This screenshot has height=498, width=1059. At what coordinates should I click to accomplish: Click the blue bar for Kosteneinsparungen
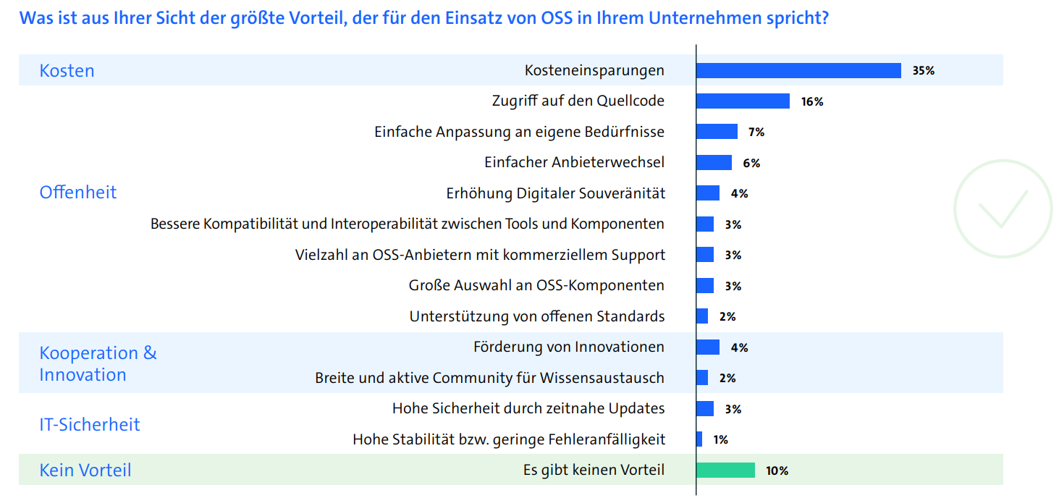pyautogui.click(x=798, y=70)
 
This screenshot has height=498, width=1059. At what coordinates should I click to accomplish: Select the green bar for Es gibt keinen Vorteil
pyautogui.click(x=725, y=470)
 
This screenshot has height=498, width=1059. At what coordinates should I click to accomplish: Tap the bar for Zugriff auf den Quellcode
pyautogui.click(x=743, y=101)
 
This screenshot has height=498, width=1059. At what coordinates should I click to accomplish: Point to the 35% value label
pyautogui.click(x=924, y=71)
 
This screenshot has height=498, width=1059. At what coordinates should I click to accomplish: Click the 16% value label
pyautogui.click(x=812, y=102)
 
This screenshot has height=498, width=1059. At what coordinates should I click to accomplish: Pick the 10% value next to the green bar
pyautogui.click(x=777, y=471)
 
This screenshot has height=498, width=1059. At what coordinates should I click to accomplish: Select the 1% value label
pyautogui.click(x=720, y=440)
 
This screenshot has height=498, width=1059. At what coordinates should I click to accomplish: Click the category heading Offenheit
pyautogui.click(x=78, y=193)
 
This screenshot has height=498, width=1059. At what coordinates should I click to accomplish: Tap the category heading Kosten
pyautogui.click(x=67, y=71)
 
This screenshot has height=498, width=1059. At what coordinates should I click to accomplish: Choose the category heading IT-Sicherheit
pyautogui.click(x=90, y=425)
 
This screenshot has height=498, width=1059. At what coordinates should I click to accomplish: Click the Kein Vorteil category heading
pyautogui.click(x=85, y=470)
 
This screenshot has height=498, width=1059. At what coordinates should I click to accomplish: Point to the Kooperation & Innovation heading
pyautogui.click(x=98, y=364)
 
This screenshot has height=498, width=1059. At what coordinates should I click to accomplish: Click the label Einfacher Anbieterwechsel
pyautogui.click(x=574, y=163)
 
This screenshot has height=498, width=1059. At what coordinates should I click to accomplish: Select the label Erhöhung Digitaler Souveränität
pyautogui.click(x=555, y=193)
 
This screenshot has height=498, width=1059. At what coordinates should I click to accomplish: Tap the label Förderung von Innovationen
pyautogui.click(x=568, y=347)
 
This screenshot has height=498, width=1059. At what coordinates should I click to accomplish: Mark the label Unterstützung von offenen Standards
pyautogui.click(x=536, y=316)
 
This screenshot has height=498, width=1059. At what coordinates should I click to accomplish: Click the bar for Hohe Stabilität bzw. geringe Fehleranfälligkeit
pyautogui.click(x=699, y=439)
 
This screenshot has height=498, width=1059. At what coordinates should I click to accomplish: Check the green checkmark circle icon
pyautogui.click(x=1003, y=208)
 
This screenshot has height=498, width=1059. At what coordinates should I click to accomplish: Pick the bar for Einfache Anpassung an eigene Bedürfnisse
pyautogui.click(x=717, y=132)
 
